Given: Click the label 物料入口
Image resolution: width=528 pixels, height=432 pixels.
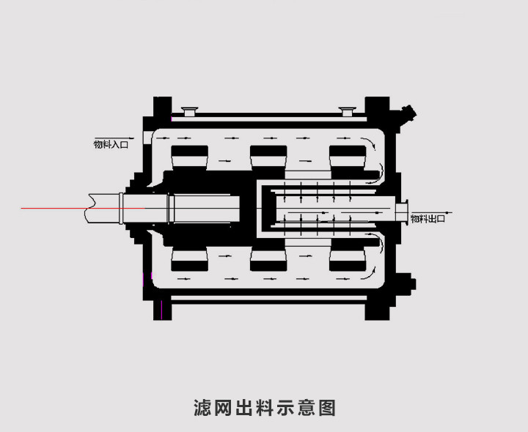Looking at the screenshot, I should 111,145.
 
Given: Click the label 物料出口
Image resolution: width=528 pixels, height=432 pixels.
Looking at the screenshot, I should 428,218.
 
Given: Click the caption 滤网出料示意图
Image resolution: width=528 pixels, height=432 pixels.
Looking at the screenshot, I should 264,407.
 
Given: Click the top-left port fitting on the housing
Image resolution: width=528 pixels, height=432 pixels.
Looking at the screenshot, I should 190,112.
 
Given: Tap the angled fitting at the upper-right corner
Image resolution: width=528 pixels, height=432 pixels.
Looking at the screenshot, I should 407,113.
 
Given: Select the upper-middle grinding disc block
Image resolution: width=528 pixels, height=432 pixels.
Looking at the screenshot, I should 268,156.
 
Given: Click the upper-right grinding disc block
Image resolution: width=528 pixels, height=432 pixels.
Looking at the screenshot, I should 348,156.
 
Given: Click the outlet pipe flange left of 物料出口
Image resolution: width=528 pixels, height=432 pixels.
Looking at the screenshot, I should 401,211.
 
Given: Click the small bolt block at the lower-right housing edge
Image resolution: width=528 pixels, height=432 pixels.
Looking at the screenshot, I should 412,283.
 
